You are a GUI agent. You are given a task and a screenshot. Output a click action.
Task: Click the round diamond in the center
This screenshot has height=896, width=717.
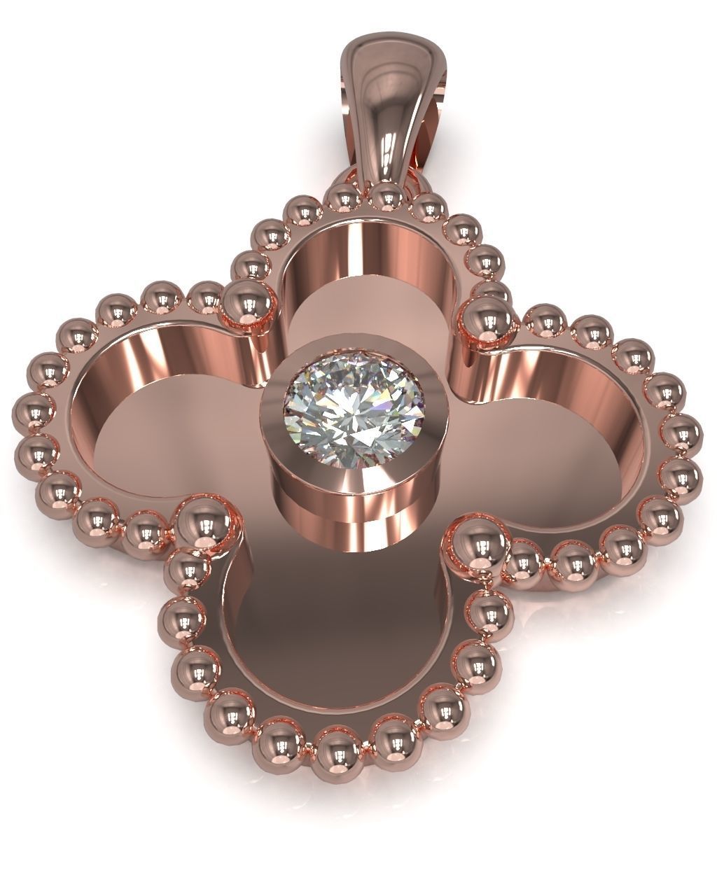point(344,416)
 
